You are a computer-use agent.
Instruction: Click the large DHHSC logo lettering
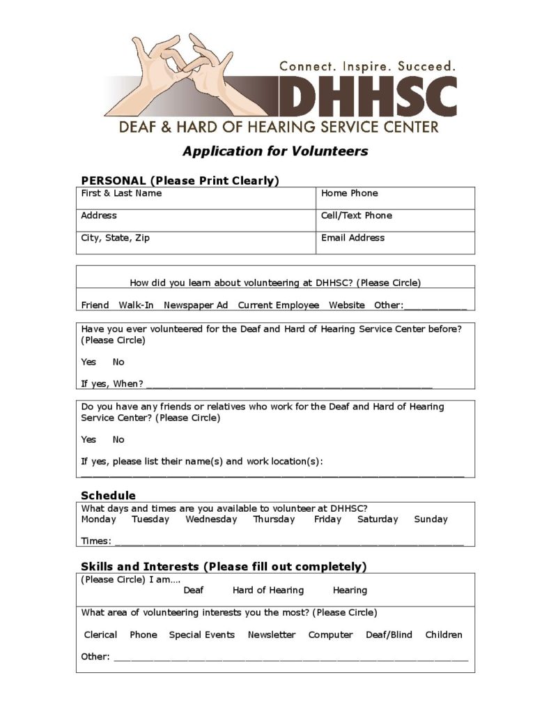(x=368, y=96)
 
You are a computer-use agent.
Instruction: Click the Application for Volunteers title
(x=275, y=151)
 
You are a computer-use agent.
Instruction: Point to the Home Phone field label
(x=349, y=193)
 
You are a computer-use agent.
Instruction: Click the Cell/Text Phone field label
(x=356, y=215)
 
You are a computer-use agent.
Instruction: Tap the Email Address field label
(x=352, y=238)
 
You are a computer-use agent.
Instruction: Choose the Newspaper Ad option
(x=196, y=305)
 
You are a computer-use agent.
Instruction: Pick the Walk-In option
(x=136, y=305)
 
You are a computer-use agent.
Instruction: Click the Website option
(x=347, y=305)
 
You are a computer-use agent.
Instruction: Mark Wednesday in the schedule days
(x=211, y=519)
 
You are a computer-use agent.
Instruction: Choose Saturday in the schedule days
(x=378, y=519)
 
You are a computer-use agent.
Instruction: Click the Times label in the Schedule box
(x=95, y=541)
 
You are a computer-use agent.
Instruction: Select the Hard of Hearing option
(x=268, y=590)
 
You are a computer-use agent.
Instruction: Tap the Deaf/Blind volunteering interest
(x=389, y=635)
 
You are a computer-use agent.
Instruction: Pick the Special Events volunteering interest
(x=202, y=635)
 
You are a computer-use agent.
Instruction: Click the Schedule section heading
(x=108, y=496)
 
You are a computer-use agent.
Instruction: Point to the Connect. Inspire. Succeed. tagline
(x=367, y=66)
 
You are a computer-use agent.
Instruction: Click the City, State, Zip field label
(x=115, y=238)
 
